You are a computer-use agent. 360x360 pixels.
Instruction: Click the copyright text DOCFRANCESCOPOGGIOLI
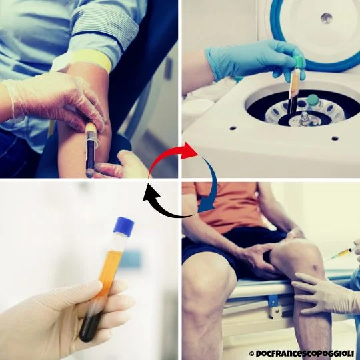click(x=305, y=353)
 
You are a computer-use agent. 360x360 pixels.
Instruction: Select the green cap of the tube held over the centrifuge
click(x=299, y=63)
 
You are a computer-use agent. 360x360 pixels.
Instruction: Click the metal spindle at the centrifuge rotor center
click(x=305, y=118)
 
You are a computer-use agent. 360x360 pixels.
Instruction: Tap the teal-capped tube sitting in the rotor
click(x=313, y=101)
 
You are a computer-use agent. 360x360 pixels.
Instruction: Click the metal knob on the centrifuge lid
click(x=327, y=18)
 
